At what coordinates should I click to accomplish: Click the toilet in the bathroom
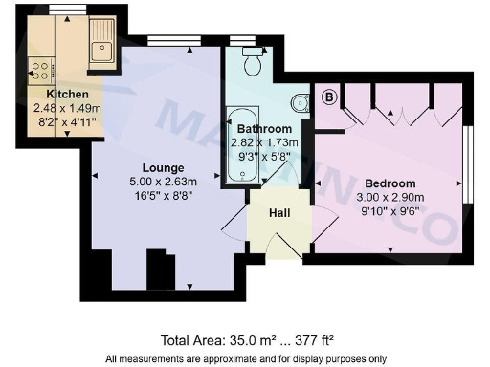[x=254, y=62]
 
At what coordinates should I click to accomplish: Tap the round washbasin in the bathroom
[x=300, y=102]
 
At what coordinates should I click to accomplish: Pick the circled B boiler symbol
[x=330, y=96]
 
